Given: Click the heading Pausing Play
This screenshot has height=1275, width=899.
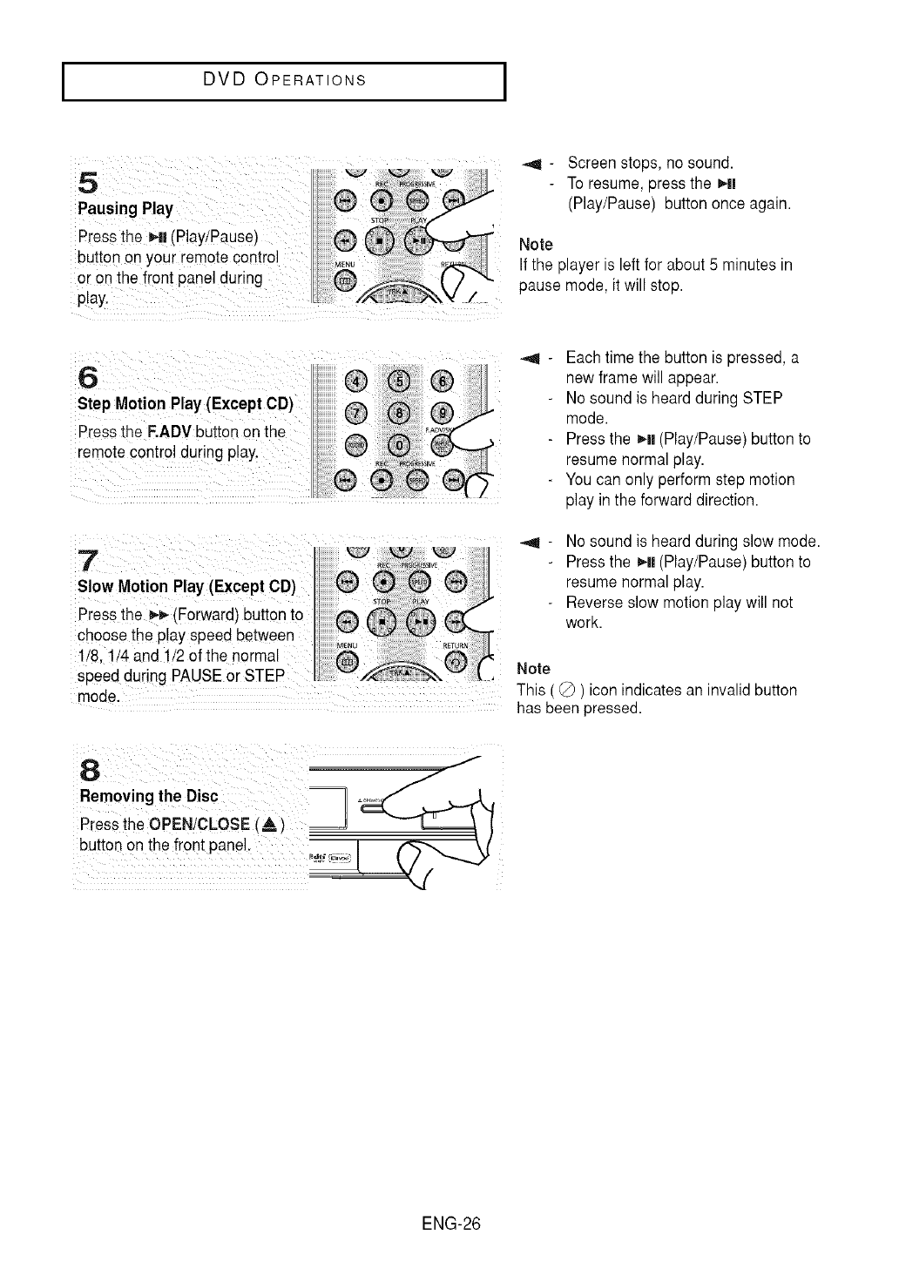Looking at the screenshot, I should click(125, 209).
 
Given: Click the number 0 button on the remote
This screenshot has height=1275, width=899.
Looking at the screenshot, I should click(397, 443).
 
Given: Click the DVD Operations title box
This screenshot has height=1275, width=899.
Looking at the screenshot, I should click(284, 82).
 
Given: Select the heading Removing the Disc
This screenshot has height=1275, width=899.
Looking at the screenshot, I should click(149, 797).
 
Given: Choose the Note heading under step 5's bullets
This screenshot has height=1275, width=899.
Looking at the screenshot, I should click(536, 244).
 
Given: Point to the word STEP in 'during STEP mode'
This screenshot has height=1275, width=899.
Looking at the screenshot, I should click(762, 398).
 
